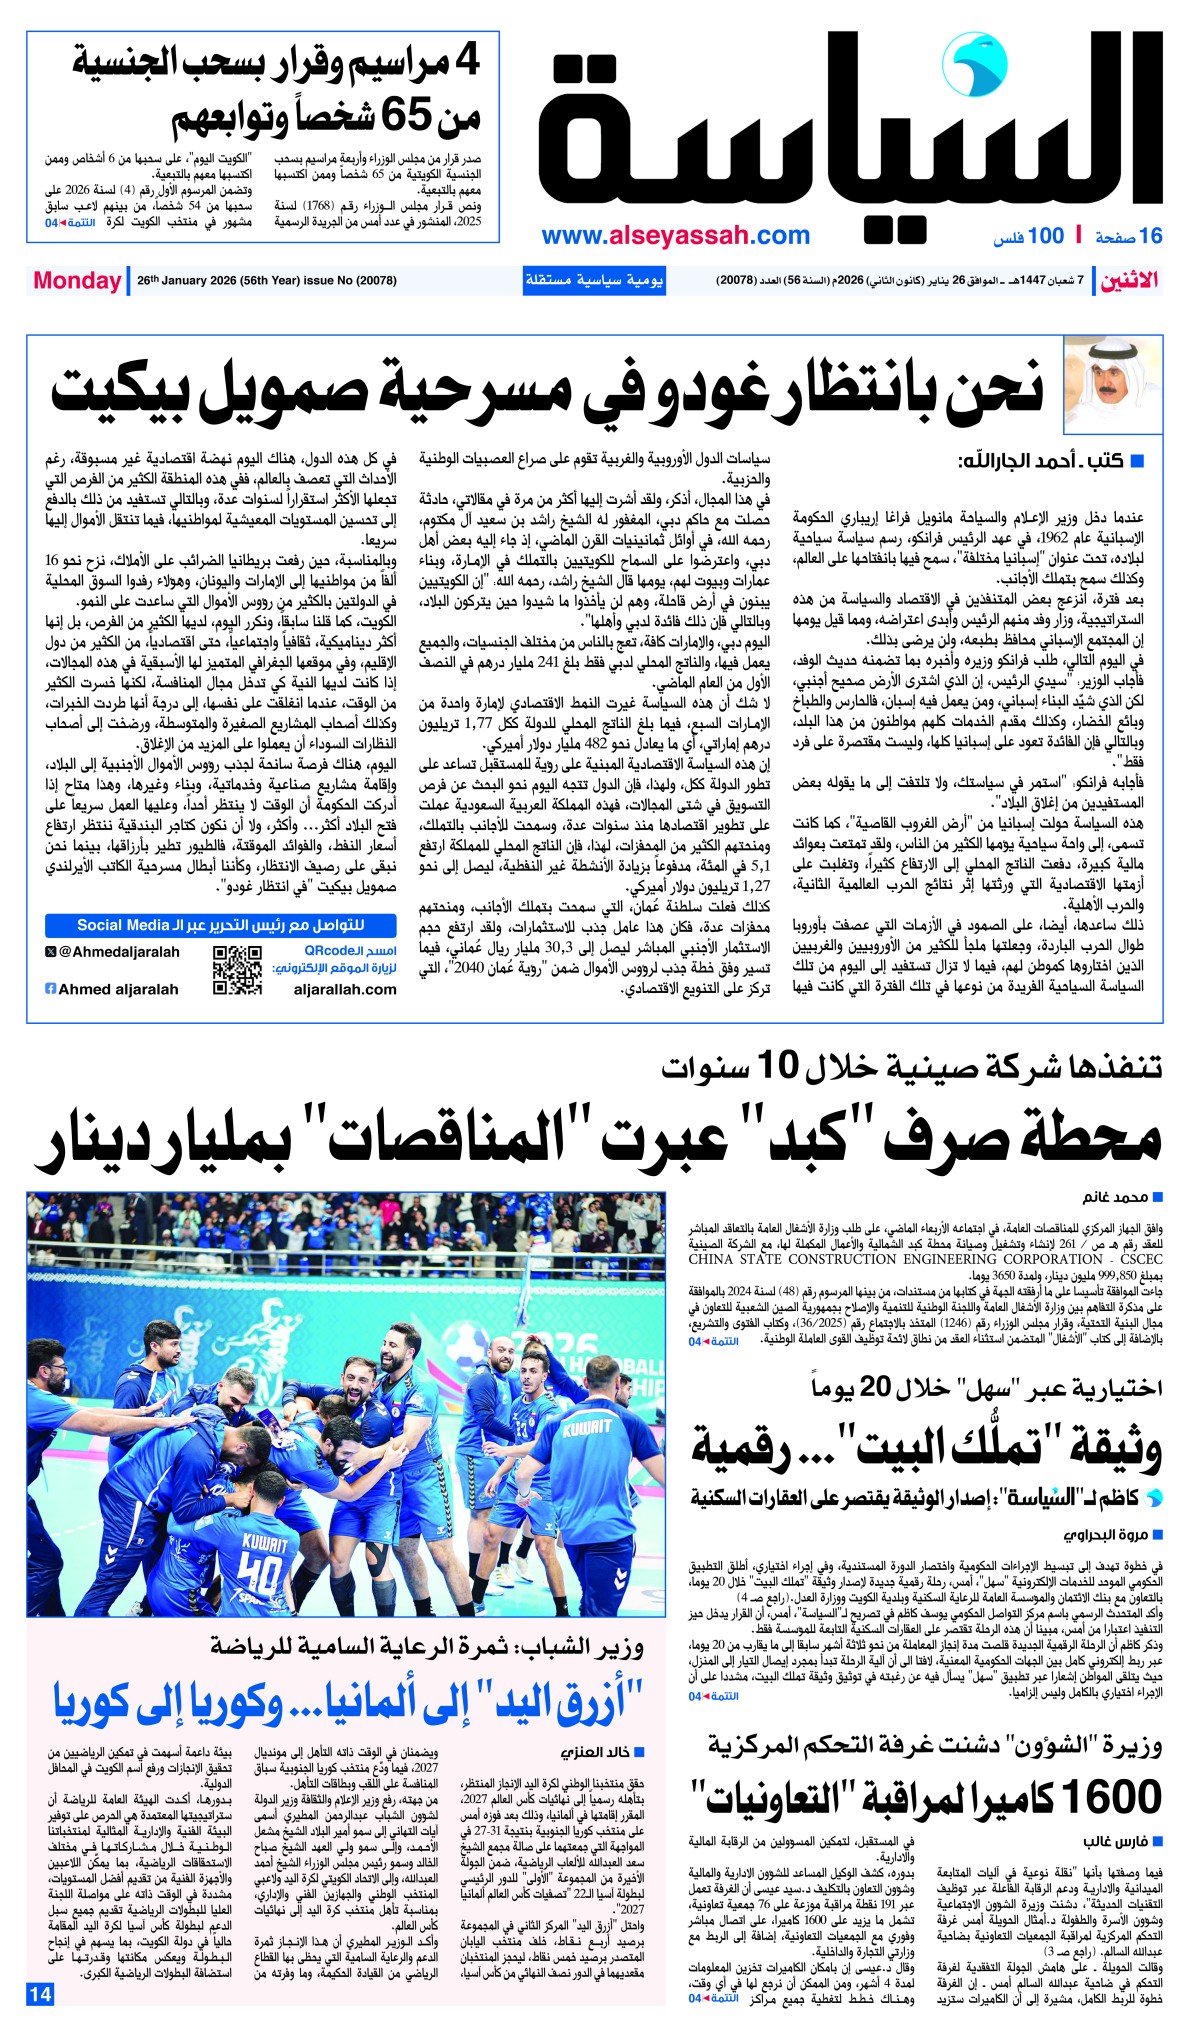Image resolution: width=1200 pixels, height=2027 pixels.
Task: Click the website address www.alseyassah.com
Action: (675, 236)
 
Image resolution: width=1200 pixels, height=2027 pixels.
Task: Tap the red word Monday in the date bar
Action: (77, 280)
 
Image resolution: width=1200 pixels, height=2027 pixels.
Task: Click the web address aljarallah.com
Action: (345, 989)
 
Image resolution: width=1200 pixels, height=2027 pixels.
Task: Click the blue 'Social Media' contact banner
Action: (221, 925)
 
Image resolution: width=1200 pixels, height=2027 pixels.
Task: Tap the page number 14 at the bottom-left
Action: (40, 1993)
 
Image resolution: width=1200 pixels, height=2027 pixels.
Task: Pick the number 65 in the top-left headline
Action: (406, 117)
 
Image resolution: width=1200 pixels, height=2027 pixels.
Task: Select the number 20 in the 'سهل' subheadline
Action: (876, 1386)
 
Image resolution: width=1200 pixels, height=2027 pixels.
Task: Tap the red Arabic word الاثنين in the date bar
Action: (1130, 280)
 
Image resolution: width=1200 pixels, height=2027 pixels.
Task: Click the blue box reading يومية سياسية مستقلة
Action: (594, 280)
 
